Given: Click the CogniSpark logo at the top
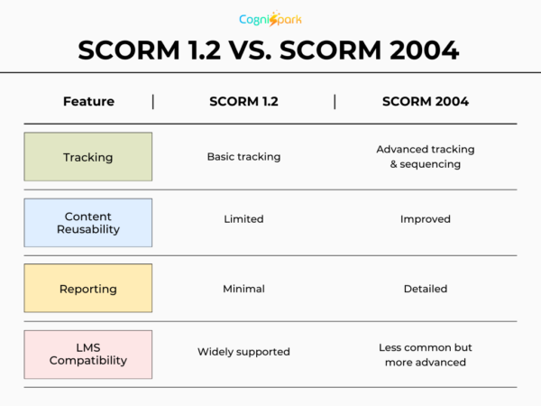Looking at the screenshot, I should pos(270,19).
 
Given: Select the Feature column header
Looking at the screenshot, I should pos(88,101).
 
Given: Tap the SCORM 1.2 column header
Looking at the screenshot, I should pos(243,101).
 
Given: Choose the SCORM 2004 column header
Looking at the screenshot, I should pos(425,101).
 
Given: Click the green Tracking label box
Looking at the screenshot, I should pos(88,157).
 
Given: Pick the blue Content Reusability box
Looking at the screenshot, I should pos(88,223).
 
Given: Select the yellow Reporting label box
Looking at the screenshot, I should pos(88,289).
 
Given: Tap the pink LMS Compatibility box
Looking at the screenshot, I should pos(88,354).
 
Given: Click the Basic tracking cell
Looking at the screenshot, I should pos(243,157).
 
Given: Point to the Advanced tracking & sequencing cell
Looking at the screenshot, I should pos(425,157).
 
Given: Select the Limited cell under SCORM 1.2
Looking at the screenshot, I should pos(243,219).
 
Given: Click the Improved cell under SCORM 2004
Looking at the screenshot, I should pos(425,219).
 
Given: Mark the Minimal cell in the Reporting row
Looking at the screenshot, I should pos(243,289).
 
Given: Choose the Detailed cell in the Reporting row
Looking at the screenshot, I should pos(425,289).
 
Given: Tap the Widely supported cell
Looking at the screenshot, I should pos(243,352).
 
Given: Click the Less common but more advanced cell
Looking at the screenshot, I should pos(425,355).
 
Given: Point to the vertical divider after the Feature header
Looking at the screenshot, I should pos(152,101).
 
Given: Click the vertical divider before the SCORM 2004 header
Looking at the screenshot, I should pos(335,101).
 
